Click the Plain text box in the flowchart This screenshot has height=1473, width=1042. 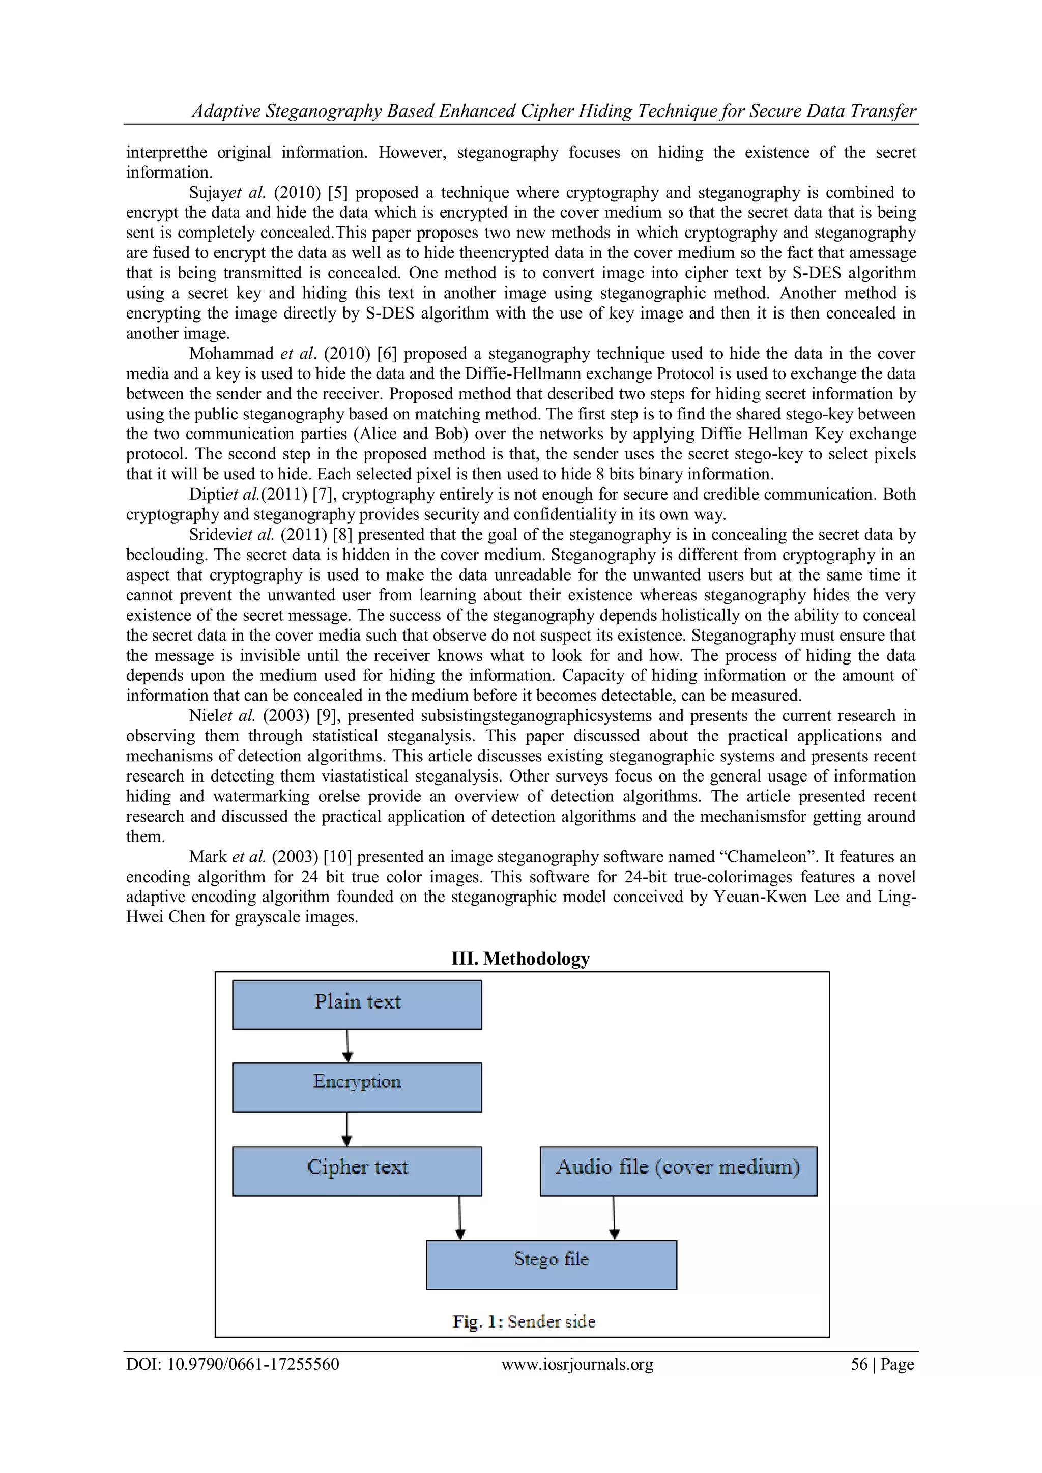pyautogui.click(x=357, y=1005)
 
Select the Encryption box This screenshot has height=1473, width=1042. pyautogui.click(x=357, y=1087)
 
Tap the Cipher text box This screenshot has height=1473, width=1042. pyautogui.click(x=357, y=1171)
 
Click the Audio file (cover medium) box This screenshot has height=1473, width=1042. pyautogui.click(x=678, y=1171)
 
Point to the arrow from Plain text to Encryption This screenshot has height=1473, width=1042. pyautogui.click(x=347, y=1046)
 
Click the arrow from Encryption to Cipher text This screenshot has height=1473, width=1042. pyautogui.click(x=347, y=1129)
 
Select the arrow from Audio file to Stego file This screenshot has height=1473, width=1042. pyautogui.click(x=614, y=1218)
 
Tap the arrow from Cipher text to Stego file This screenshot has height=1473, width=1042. pyautogui.click(x=459, y=1218)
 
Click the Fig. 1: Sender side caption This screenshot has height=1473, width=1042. pyautogui.click(x=524, y=1321)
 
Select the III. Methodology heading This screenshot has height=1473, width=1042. pyautogui.click(x=520, y=959)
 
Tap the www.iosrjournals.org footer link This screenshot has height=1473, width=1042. pyautogui.click(x=577, y=1365)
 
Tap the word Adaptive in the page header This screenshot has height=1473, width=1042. pyautogui.click(x=226, y=111)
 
